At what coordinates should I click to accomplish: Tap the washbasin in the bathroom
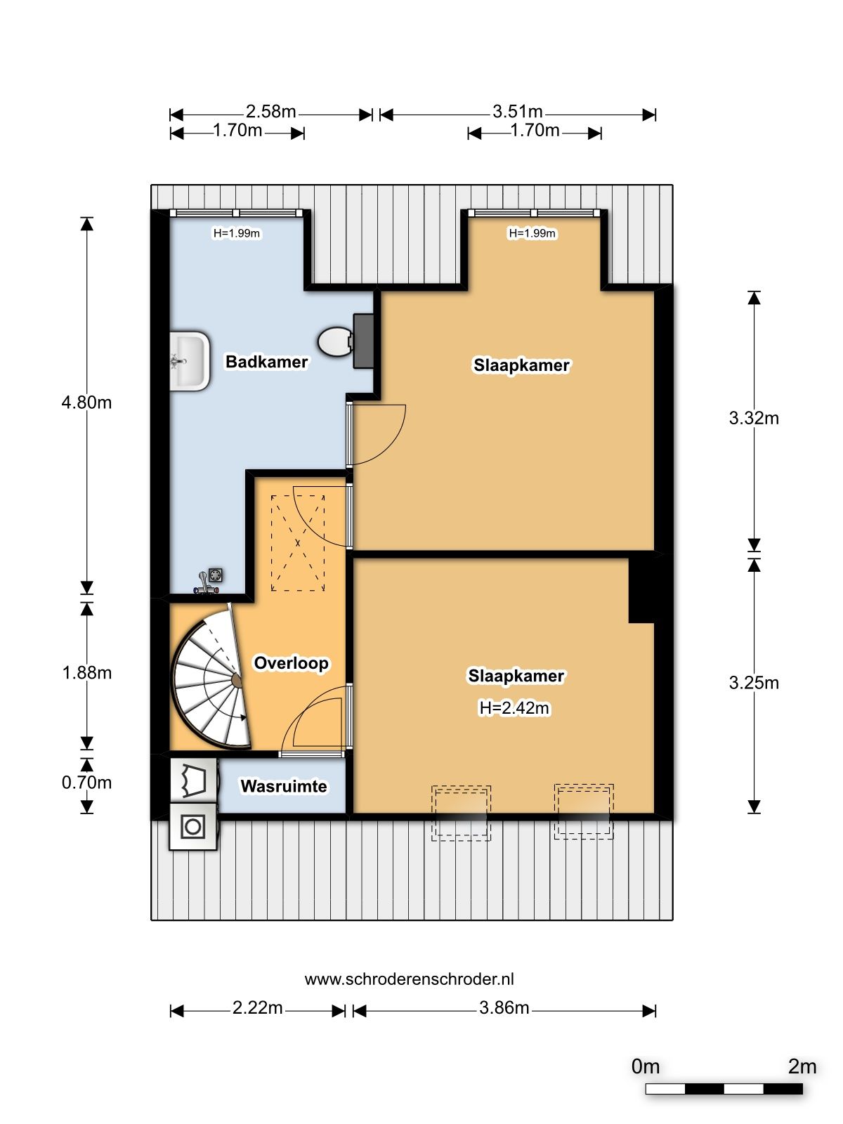tap(190, 361)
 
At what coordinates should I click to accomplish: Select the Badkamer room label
tap(267, 362)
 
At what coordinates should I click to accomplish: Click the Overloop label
tap(292, 662)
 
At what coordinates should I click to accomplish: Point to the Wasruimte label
tap(284, 786)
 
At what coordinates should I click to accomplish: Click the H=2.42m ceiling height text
tap(514, 707)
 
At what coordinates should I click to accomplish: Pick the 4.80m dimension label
tap(86, 403)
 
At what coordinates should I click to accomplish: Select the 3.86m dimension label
tap(504, 1007)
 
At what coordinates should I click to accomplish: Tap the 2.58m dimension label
tap(270, 111)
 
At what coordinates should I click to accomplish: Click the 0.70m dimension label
tap(86, 783)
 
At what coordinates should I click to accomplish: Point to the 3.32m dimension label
tap(754, 418)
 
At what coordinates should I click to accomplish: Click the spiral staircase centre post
tap(237, 680)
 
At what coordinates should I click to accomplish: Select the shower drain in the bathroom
tap(216, 575)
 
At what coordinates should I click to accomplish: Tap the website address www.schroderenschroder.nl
tap(409, 979)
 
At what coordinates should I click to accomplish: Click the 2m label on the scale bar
tap(802, 1066)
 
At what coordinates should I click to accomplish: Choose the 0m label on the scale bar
tap(646, 1066)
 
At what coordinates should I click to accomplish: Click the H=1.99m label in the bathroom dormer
tap(237, 233)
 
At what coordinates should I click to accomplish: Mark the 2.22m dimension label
tap(257, 1007)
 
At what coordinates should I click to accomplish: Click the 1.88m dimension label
tap(86, 672)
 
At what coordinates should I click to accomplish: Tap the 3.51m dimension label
tap(518, 111)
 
